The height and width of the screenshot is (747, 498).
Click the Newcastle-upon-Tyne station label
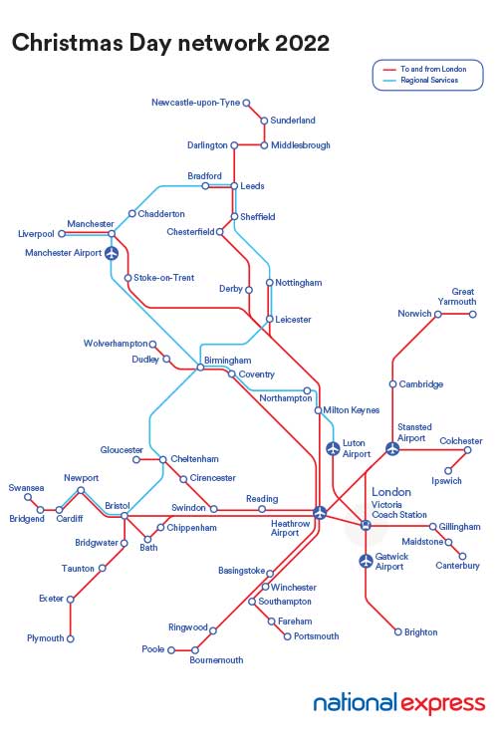point(196,103)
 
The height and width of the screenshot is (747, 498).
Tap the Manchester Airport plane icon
point(111,253)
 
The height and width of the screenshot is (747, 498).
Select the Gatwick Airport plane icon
point(366,562)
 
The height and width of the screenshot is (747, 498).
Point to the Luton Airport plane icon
point(333,449)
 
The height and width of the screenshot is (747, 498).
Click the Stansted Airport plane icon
point(392,449)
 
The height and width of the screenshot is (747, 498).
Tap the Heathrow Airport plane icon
point(320,513)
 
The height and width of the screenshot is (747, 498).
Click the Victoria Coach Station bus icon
point(366,525)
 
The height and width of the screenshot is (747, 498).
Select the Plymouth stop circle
point(71,638)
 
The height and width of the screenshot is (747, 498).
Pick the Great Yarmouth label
point(463,296)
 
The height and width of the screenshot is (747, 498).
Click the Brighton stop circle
point(397,632)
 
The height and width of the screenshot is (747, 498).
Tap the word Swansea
point(27,488)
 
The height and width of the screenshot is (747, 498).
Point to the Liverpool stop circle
point(62,234)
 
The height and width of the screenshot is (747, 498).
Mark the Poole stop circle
point(170,649)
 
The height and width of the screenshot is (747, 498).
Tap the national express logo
point(398,704)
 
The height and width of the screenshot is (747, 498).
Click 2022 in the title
point(296,43)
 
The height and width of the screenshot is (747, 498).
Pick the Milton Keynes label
point(351,409)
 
